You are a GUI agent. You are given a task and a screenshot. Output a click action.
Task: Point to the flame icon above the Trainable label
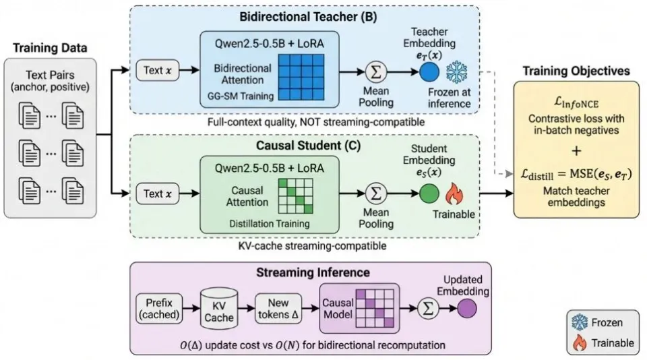point(454,194)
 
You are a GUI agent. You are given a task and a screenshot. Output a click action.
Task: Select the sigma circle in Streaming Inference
point(425,308)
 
